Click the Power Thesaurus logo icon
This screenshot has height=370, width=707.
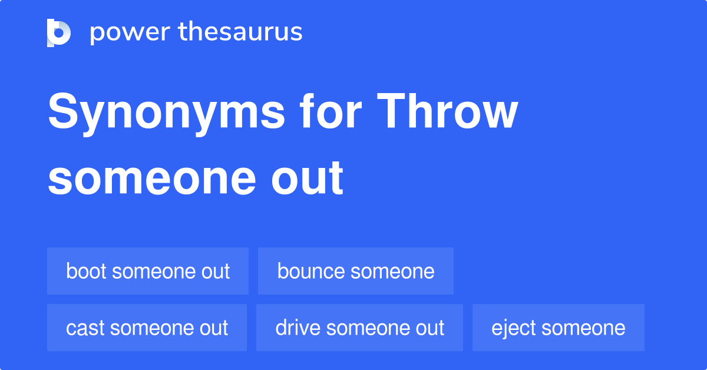coord(59,33)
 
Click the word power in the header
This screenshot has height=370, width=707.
coord(130,32)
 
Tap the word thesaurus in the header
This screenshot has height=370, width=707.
coord(240,31)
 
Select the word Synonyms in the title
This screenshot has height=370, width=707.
coord(166,114)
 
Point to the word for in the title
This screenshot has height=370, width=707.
coord(331,111)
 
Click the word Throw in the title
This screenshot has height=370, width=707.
coord(447,111)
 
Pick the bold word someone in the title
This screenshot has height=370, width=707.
coord(152,179)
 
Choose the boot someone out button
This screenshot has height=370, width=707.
coord(148,271)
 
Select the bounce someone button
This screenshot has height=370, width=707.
coord(356,271)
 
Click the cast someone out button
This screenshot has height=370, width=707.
coord(147,328)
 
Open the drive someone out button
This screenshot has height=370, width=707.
coord(359,328)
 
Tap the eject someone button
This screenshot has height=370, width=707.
coord(559,328)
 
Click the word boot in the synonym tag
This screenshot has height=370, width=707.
coord(86,271)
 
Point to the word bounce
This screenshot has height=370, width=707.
coord(311,271)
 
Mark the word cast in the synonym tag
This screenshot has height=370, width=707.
coord(85,328)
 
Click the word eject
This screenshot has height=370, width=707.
coord(514,329)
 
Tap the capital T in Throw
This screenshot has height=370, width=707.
coord(392,111)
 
